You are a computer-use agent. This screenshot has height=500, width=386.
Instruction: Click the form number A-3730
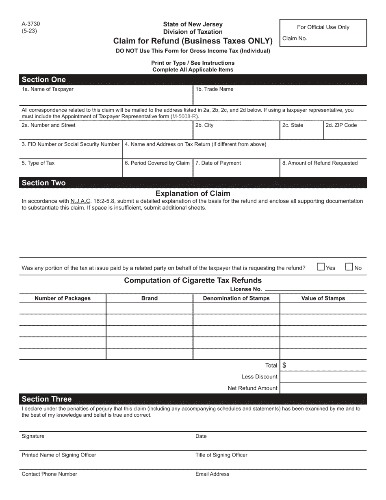[x=31, y=24]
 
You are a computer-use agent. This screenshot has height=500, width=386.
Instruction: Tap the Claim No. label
[x=295, y=39]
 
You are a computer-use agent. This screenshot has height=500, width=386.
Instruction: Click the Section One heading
[x=43, y=80]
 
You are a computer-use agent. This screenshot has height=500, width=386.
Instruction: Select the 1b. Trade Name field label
[x=215, y=89]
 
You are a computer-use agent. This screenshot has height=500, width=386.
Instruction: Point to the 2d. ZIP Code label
[x=341, y=125]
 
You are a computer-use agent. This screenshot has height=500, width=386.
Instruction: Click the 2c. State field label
[x=293, y=125]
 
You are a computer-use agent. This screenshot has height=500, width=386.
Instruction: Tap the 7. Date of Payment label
[x=218, y=163]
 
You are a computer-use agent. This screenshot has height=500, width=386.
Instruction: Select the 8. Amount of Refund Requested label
[x=320, y=163]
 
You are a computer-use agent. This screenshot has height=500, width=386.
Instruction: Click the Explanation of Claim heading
[x=193, y=193]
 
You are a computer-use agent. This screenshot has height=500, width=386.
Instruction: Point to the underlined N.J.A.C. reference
[x=80, y=201]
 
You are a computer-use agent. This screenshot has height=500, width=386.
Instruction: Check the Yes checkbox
[x=321, y=267]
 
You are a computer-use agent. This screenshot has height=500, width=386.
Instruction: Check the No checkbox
[x=349, y=267]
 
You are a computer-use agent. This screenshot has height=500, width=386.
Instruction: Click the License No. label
[x=246, y=289]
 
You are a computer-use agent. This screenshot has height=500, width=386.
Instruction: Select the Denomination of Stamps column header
[x=236, y=298]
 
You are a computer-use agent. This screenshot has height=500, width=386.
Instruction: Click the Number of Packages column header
[x=63, y=298]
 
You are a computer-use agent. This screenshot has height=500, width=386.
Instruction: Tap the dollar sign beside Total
[x=284, y=365]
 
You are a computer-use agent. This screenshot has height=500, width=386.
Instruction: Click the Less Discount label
[x=259, y=377]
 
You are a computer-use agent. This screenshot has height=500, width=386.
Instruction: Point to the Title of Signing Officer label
[x=221, y=455]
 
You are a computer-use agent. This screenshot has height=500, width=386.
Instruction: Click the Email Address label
[x=213, y=474]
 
